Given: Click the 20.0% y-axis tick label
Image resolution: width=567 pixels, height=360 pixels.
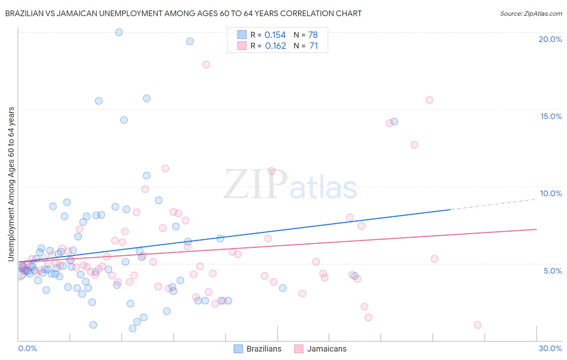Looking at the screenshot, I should coord(550,39).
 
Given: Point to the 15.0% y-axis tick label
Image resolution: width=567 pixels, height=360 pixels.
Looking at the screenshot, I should coord(551,116).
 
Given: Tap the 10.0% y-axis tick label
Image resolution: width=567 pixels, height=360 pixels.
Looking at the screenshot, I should coord(551,193).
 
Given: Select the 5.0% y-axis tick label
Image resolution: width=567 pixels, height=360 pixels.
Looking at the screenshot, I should coord(552,271).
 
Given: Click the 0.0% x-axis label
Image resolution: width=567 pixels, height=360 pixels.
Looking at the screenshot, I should coord(27,348).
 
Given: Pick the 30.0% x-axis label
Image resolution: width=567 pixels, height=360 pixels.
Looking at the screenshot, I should coord(550,348).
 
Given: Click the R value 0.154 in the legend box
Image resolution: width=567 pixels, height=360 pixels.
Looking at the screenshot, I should coord(275,35).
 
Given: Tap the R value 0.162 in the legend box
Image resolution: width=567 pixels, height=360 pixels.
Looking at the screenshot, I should coord(275,46).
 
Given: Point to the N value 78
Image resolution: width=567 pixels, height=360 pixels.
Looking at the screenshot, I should coord(313,35).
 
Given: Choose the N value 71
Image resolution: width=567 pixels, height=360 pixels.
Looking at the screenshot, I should coord(314,46).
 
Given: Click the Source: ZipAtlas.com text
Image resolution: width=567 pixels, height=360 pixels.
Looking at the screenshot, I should coord(531,14).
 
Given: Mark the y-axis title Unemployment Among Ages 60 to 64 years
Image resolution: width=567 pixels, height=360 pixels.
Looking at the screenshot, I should coord(11,184).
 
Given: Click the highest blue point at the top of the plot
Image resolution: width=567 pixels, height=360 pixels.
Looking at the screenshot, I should coord(119,32).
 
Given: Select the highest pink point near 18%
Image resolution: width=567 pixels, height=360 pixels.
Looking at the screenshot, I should coord(206,65).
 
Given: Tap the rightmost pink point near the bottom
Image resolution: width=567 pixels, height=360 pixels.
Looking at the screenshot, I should coord(478,325).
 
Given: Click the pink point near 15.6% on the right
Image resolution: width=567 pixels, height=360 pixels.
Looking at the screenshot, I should coord(429,100).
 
